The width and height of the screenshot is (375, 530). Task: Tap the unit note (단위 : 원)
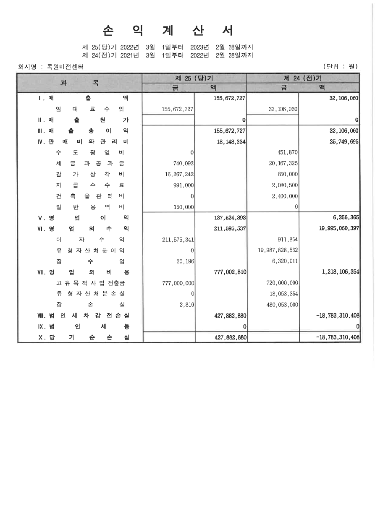click(340, 66)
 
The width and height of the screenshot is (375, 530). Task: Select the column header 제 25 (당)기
click(194, 78)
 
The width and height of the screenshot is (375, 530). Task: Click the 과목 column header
click(79, 83)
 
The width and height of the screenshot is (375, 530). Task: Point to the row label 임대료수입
click(89, 109)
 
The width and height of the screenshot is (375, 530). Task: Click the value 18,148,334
click(231, 142)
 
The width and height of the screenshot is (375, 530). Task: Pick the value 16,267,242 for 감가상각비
click(178, 175)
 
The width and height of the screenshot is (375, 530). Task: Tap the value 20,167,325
click(283, 164)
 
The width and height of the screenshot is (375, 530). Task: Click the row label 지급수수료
click(89, 185)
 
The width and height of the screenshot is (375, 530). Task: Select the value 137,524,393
click(230, 218)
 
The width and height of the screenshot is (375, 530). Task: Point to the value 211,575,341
click(178, 240)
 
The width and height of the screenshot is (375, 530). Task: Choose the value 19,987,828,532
click(278, 251)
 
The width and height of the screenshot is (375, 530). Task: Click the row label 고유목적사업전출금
click(89, 283)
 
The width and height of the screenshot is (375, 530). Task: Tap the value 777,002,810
click(230, 272)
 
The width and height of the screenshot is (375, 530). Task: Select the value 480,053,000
click(282, 305)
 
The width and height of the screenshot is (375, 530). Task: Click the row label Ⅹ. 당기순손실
click(84, 338)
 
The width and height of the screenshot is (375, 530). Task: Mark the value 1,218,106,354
click(340, 272)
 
